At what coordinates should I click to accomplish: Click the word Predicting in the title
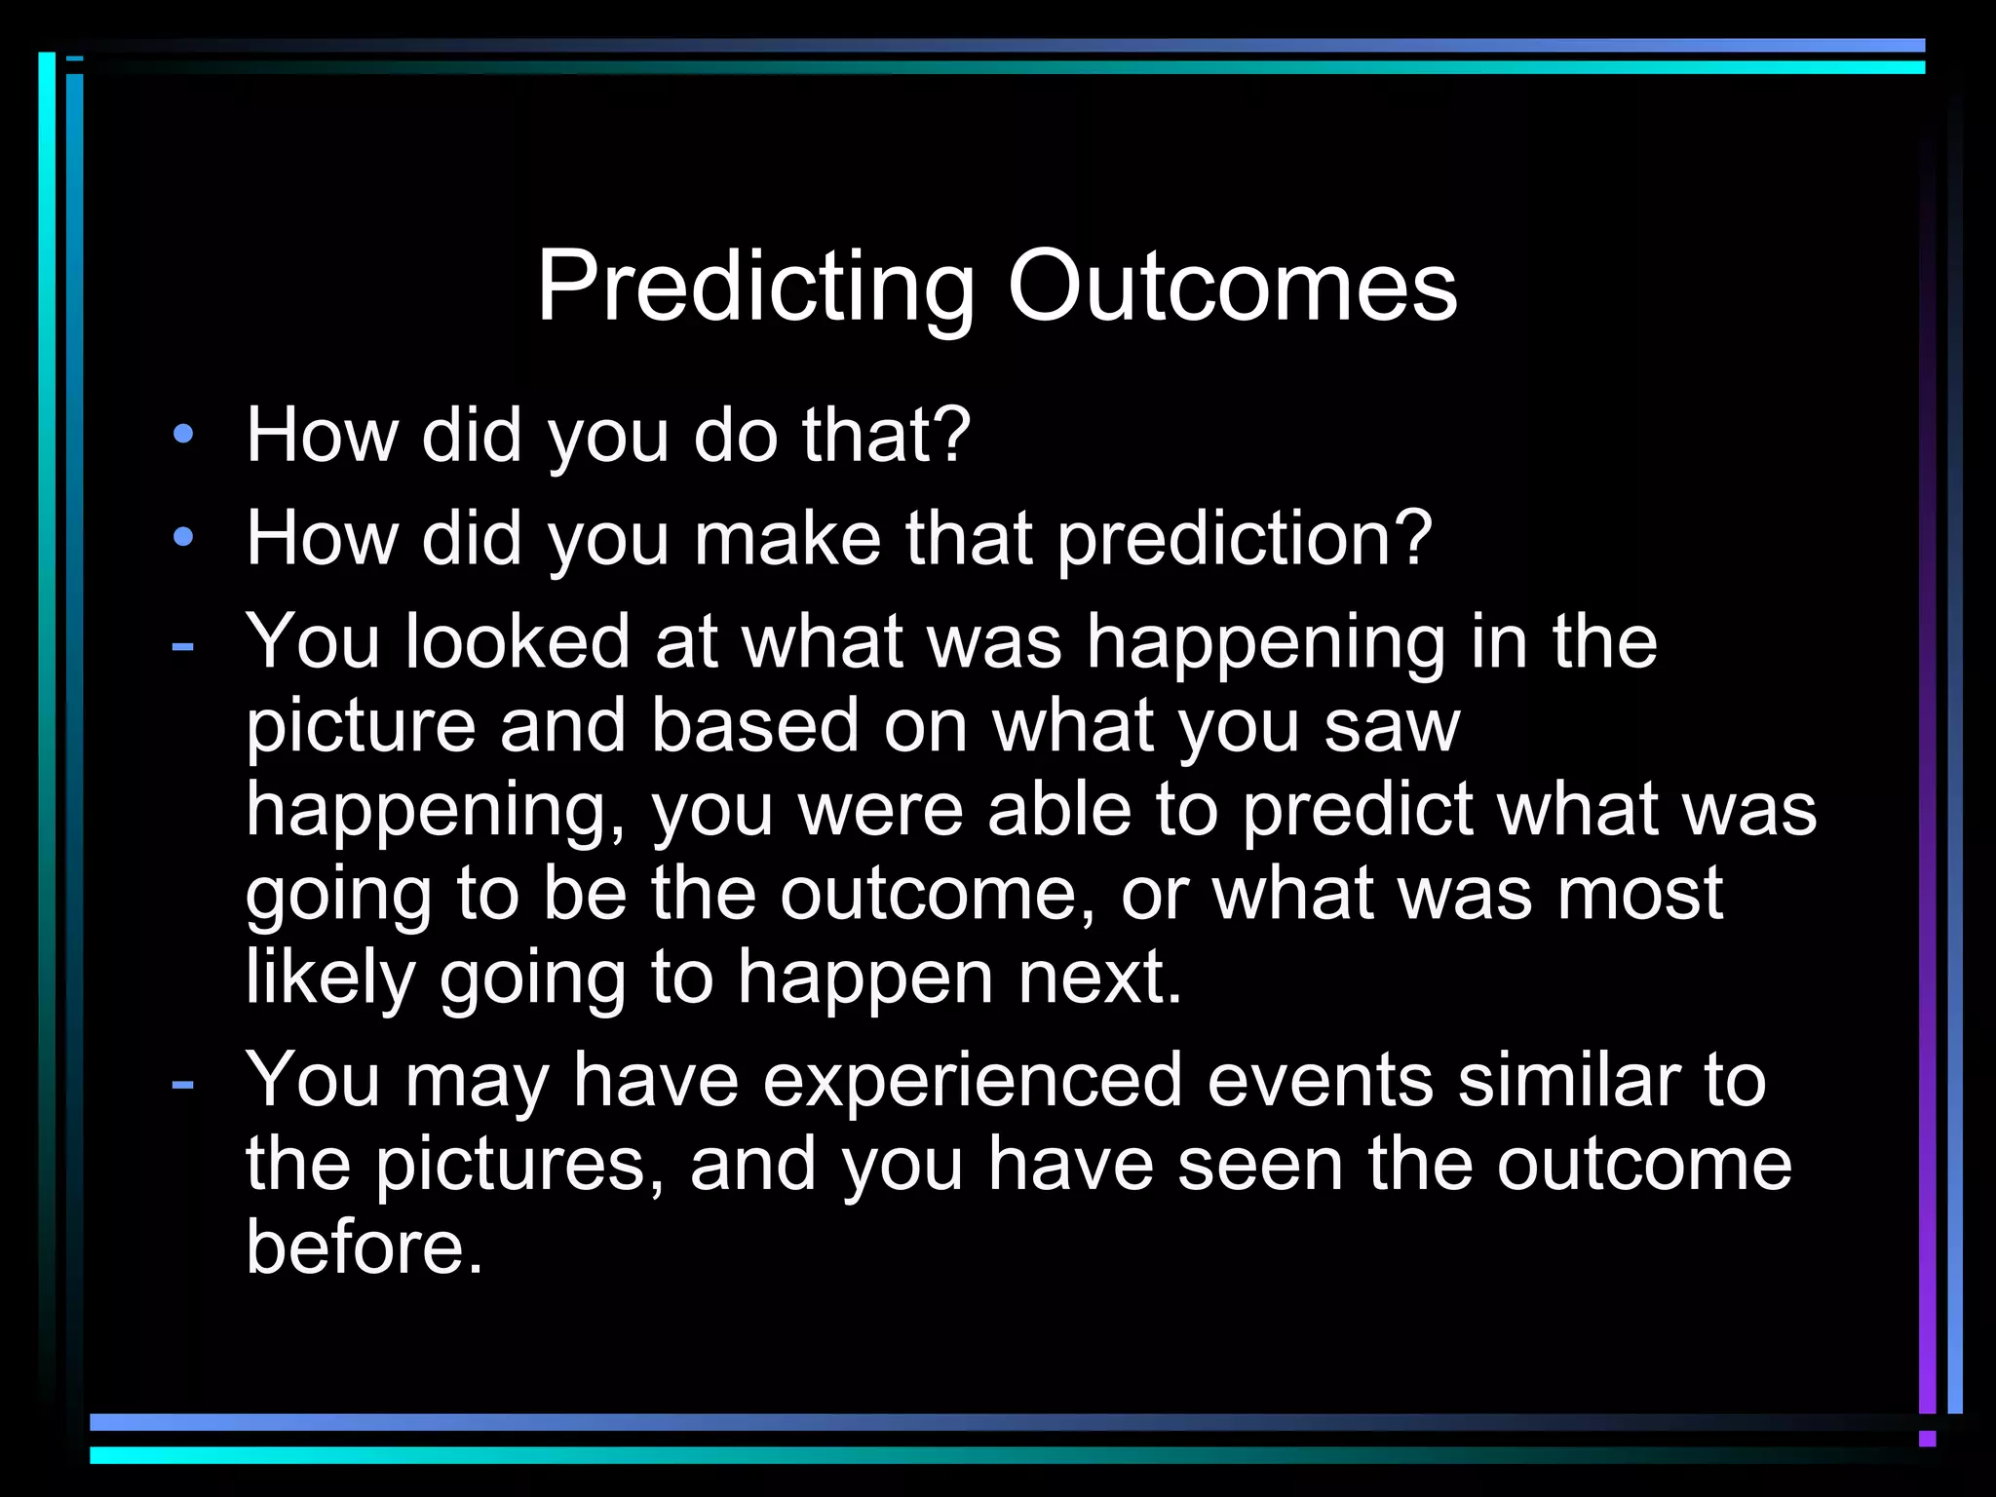755,288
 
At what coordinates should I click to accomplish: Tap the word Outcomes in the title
1232,287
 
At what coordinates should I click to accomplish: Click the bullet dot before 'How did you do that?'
183,434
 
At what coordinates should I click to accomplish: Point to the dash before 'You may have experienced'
182,1083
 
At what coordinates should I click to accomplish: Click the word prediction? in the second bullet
1245,539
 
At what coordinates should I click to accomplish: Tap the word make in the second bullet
787,538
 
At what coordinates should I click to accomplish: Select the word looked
518,642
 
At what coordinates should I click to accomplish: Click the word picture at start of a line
360,727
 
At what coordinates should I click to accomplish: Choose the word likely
330,979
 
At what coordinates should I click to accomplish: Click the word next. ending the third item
1100,979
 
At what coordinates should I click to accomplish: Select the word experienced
972,1082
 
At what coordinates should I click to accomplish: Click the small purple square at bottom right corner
1927,1439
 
